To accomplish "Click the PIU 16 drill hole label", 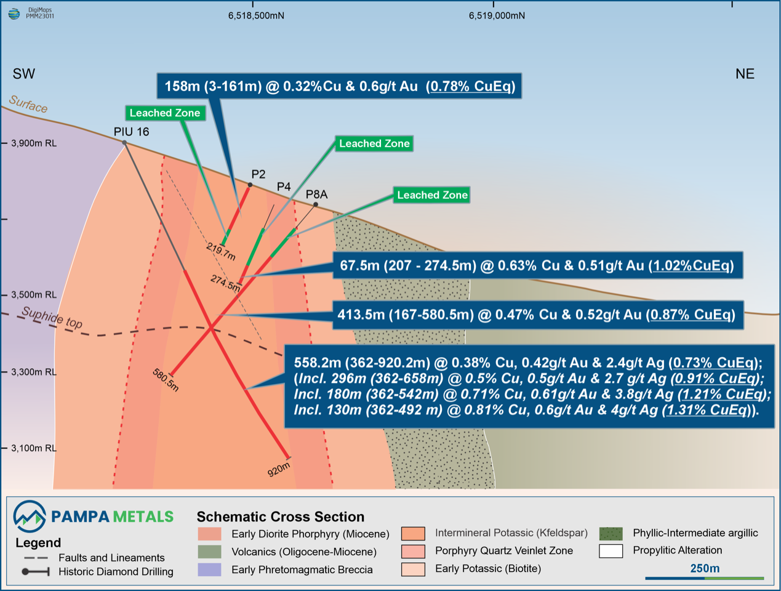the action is coord(131,132).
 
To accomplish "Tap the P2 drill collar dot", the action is coord(250,185).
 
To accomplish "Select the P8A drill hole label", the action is coord(317,195).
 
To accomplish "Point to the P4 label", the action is coord(284,187).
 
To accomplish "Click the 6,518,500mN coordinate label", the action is coord(256,15).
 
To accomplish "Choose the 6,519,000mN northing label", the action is coord(497,15).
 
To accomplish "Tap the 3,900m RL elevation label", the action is coord(34,143).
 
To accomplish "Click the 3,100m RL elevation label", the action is coord(34,448).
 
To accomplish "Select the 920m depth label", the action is coord(279,470).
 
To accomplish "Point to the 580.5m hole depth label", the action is coord(166,380).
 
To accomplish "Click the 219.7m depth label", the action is coord(221,252).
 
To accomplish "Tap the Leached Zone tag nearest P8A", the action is coord(432,195).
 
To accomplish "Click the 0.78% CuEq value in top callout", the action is coord(470,86).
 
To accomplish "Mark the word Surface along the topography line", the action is coord(28,104).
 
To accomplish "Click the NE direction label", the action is coord(745,74).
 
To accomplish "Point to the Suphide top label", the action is coord(52,318).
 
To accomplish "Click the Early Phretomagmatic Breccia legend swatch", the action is coord(209,569).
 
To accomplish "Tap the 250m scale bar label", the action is coord(705,568).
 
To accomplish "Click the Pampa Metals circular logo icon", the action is coord(30,517).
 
